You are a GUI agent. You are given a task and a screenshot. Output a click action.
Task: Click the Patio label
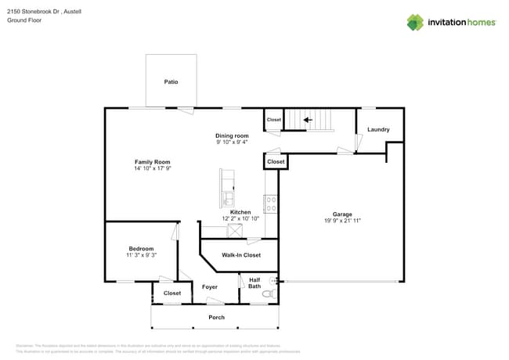(x=171, y=81)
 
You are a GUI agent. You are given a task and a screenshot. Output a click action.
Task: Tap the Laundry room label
(x=379, y=130)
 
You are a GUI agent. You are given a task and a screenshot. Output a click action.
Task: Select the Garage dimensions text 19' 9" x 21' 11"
(x=342, y=221)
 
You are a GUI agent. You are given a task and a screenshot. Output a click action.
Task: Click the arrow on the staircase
(x=308, y=120)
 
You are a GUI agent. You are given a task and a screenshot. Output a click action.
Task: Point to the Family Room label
(x=152, y=162)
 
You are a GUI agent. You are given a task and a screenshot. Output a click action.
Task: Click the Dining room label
(x=232, y=135)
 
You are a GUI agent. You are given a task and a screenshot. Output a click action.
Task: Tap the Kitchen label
(x=240, y=212)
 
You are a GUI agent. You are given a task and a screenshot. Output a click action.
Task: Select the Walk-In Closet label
(x=241, y=255)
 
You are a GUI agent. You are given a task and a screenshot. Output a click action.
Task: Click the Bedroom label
(x=141, y=249)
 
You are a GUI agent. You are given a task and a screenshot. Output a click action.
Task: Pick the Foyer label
(x=210, y=287)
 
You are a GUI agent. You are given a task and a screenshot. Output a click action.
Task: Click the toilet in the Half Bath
(x=268, y=294)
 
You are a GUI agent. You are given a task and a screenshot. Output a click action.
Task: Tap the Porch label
(x=216, y=317)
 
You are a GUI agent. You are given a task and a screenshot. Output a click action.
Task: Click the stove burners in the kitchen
(x=271, y=204)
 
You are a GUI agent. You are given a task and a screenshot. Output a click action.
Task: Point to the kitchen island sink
(x=227, y=196)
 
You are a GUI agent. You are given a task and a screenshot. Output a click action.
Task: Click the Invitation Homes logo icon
(x=415, y=22)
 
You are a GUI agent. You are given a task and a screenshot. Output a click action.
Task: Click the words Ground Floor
(x=24, y=21)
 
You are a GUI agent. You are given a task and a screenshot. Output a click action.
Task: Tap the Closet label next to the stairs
(x=273, y=120)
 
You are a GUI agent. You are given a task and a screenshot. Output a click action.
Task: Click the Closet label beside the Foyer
(x=172, y=293)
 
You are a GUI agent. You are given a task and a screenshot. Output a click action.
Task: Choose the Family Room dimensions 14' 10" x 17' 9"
(x=152, y=168)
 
